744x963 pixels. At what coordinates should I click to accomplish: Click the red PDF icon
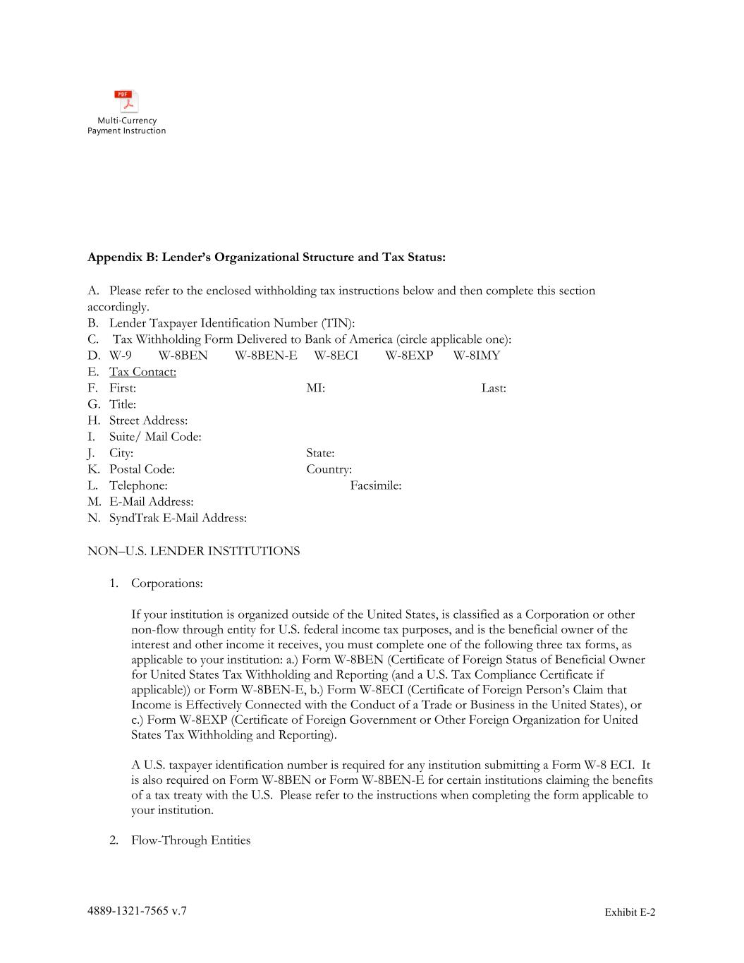(x=126, y=102)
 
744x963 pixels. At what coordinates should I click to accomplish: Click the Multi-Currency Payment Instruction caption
(x=127, y=126)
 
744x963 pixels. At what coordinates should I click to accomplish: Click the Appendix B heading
(x=266, y=257)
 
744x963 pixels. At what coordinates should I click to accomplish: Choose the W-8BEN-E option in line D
(x=266, y=356)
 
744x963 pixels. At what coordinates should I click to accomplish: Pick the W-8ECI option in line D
(x=336, y=356)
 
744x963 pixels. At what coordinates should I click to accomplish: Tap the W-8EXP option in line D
(x=409, y=356)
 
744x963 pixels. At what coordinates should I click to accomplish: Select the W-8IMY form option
(x=476, y=356)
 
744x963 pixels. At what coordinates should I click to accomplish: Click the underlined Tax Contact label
(x=142, y=372)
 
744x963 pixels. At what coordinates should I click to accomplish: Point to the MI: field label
(x=315, y=388)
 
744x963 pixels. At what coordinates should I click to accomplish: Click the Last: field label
(x=494, y=388)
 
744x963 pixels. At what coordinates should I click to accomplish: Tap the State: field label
(x=320, y=453)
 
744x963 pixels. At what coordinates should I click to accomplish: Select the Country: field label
(x=329, y=469)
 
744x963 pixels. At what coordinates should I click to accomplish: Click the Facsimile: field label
(x=375, y=485)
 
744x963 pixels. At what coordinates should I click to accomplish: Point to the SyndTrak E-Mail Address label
(x=178, y=518)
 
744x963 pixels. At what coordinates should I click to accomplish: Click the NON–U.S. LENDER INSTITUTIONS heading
(x=193, y=551)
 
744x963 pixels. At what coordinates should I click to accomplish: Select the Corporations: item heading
(x=166, y=583)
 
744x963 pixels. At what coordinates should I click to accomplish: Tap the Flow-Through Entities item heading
(x=190, y=840)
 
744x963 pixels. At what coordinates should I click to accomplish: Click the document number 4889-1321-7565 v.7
(x=137, y=911)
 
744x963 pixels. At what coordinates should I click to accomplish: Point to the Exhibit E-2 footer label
(x=630, y=912)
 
